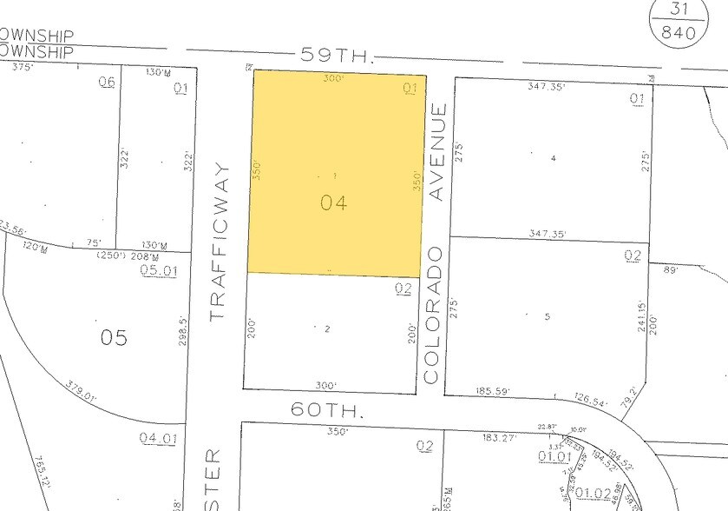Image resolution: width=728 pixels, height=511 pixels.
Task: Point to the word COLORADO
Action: click(434, 314)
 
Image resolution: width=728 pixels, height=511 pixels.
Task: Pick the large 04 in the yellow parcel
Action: click(333, 203)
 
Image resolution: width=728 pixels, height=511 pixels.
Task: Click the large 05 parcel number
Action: click(114, 337)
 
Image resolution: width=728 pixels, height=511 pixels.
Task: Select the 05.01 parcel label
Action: click(158, 270)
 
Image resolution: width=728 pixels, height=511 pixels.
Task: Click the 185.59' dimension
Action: click(495, 393)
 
